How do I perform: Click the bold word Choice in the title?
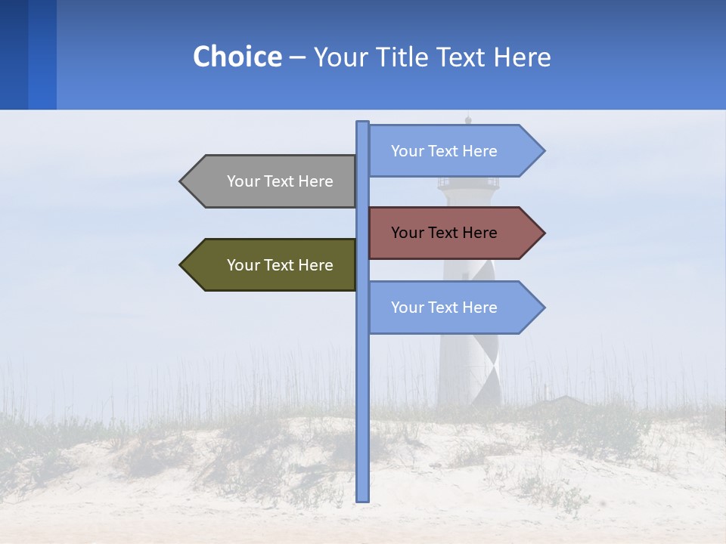[x=237, y=57]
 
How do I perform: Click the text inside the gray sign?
[x=280, y=181]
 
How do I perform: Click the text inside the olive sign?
[x=280, y=265]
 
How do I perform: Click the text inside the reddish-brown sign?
[x=444, y=233]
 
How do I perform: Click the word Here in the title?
[x=523, y=57]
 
